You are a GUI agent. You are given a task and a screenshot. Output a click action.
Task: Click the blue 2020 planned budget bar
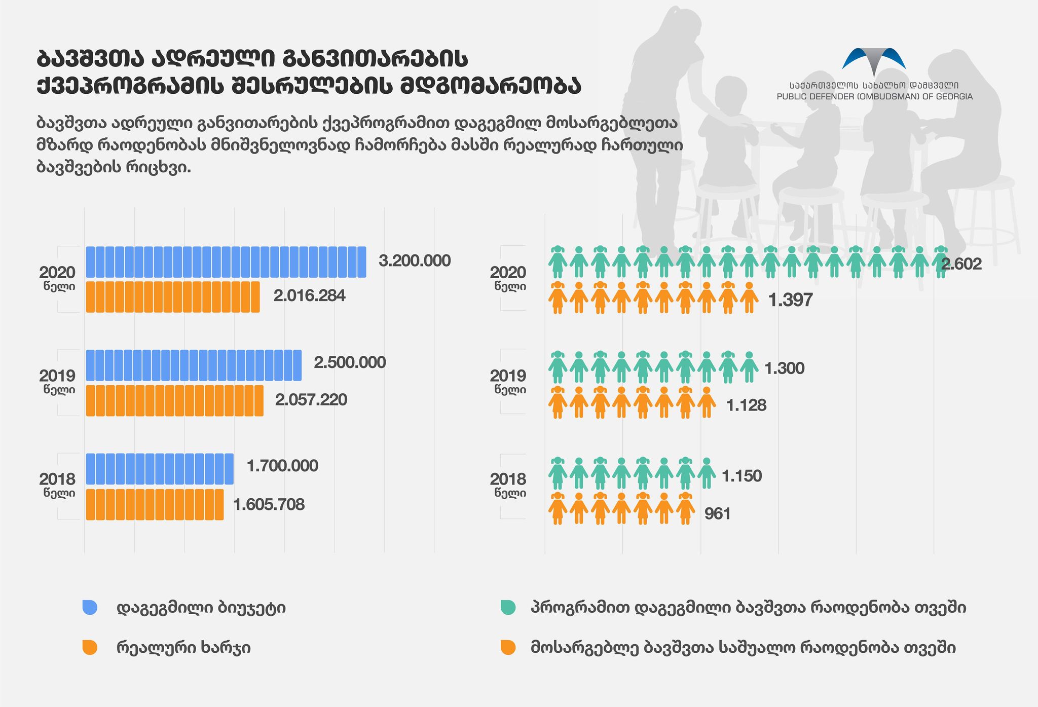click(x=226, y=262)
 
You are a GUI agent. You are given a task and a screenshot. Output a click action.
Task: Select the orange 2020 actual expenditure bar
click(x=173, y=297)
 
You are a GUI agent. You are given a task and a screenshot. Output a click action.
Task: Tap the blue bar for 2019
click(x=194, y=365)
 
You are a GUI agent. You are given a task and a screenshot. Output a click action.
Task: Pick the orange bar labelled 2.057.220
click(x=174, y=400)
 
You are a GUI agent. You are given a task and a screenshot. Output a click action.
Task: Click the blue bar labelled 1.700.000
click(x=160, y=469)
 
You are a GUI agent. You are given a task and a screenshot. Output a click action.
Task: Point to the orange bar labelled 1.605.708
click(x=155, y=504)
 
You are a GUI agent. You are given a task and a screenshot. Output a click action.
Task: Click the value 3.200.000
click(x=415, y=261)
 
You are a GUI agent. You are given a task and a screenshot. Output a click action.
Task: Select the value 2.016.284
click(x=309, y=295)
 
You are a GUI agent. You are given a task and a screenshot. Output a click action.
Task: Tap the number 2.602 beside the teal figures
click(x=961, y=264)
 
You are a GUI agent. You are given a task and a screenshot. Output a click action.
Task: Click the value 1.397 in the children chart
click(x=790, y=300)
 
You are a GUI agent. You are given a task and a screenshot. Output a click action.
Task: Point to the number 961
click(x=718, y=514)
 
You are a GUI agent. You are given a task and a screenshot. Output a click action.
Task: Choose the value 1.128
click(x=746, y=405)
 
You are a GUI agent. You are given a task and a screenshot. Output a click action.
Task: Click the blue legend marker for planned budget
click(x=90, y=607)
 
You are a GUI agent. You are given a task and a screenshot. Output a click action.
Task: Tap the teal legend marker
click(x=508, y=607)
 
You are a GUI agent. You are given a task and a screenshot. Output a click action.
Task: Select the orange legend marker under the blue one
click(x=90, y=648)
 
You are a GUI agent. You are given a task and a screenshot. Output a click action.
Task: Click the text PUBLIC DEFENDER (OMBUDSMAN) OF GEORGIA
click(x=874, y=97)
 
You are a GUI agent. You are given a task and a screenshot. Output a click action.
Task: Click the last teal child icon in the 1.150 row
click(x=707, y=472)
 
